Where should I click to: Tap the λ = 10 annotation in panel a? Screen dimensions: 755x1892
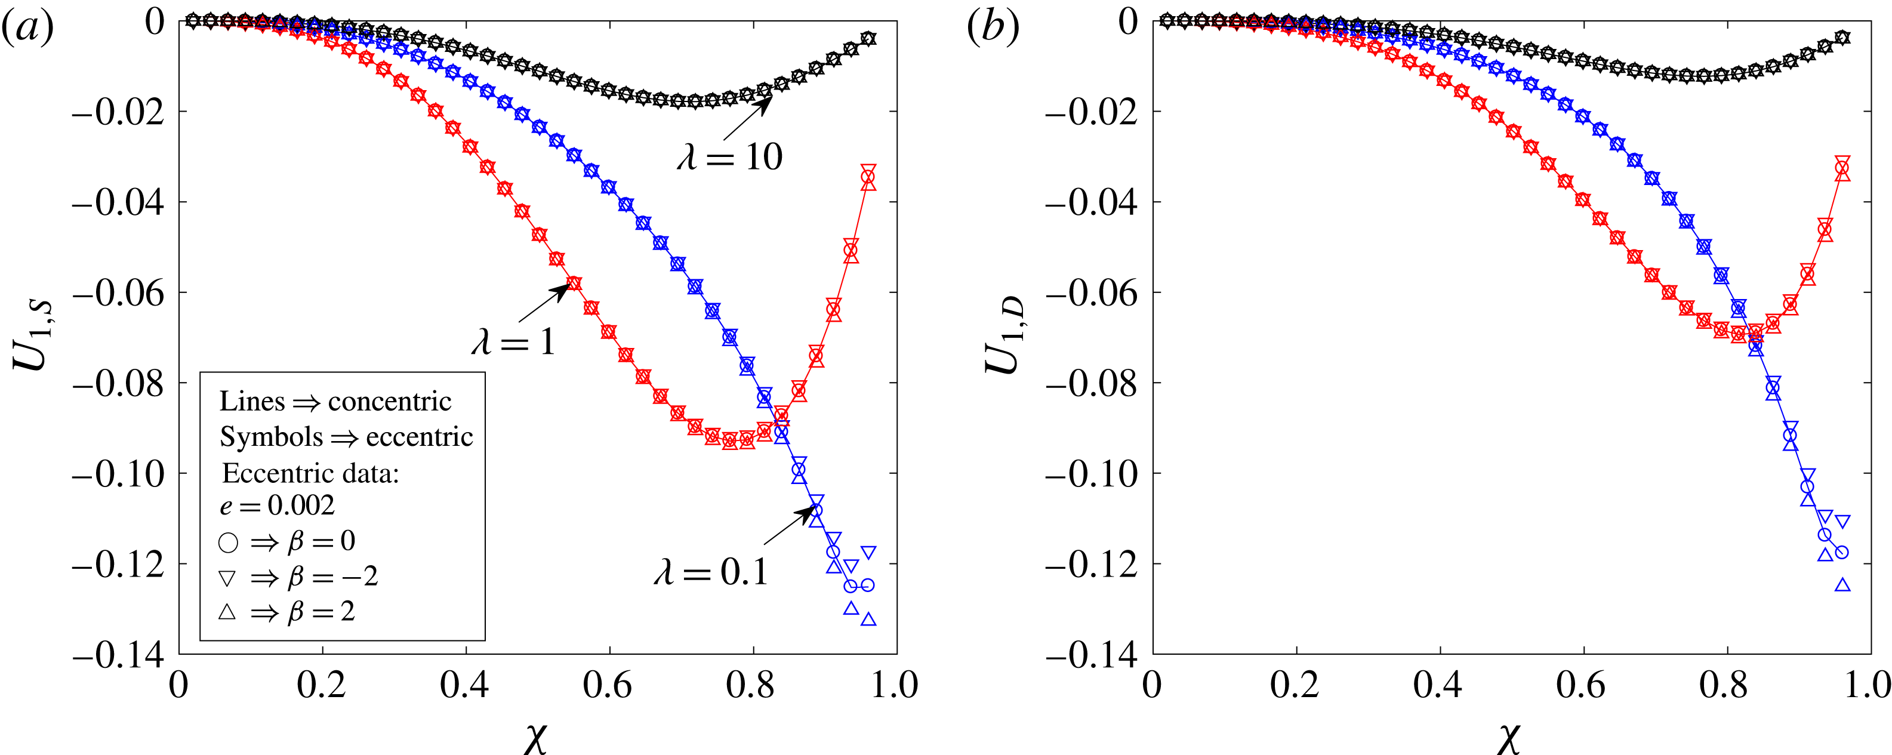tap(730, 156)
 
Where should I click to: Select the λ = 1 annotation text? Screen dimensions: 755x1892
tap(513, 342)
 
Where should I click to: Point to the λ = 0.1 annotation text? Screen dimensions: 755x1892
tap(711, 571)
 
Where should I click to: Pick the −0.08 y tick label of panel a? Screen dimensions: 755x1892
tap(118, 383)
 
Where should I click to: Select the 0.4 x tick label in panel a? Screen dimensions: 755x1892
tap(464, 685)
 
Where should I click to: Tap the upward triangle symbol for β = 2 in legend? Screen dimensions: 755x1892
tap(227, 611)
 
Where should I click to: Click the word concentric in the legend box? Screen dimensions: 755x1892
tap(389, 401)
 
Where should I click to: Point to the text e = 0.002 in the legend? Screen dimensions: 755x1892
tap(277, 506)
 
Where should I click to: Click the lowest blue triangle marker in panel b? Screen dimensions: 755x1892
tap(1842, 585)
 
